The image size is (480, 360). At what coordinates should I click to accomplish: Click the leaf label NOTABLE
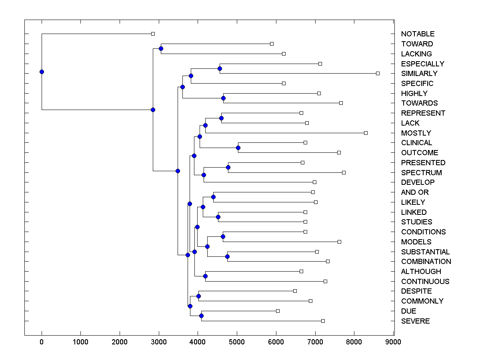point(418,34)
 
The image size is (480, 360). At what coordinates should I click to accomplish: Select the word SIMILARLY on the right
point(419,74)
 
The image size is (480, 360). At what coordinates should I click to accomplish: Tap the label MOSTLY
point(416,133)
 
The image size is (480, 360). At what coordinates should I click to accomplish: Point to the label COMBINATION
point(426,262)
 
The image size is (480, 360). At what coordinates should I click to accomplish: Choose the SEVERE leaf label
point(415,321)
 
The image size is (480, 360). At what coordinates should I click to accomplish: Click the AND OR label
point(415,192)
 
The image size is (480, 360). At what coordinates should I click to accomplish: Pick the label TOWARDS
point(419,103)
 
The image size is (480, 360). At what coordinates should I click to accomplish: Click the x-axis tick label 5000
point(237,342)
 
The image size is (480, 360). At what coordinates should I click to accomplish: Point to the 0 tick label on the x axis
point(42,342)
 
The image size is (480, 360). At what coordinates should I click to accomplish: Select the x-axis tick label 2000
point(120,342)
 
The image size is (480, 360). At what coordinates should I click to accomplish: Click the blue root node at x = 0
point(42,72)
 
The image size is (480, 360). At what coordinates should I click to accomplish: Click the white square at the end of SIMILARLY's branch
point(378,74)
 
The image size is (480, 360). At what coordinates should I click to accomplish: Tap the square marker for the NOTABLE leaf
point(153,34)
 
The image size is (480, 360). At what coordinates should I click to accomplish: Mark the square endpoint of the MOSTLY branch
point(366,133)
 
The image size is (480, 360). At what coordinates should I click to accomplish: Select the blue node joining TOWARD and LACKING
point(161,49)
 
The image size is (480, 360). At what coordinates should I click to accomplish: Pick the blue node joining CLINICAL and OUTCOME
point(238,148)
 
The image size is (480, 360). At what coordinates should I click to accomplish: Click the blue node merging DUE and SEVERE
point(201,316)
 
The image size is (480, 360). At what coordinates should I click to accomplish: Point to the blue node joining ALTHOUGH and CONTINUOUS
point(205,276)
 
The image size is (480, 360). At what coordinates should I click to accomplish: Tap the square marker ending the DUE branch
point(278,311)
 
